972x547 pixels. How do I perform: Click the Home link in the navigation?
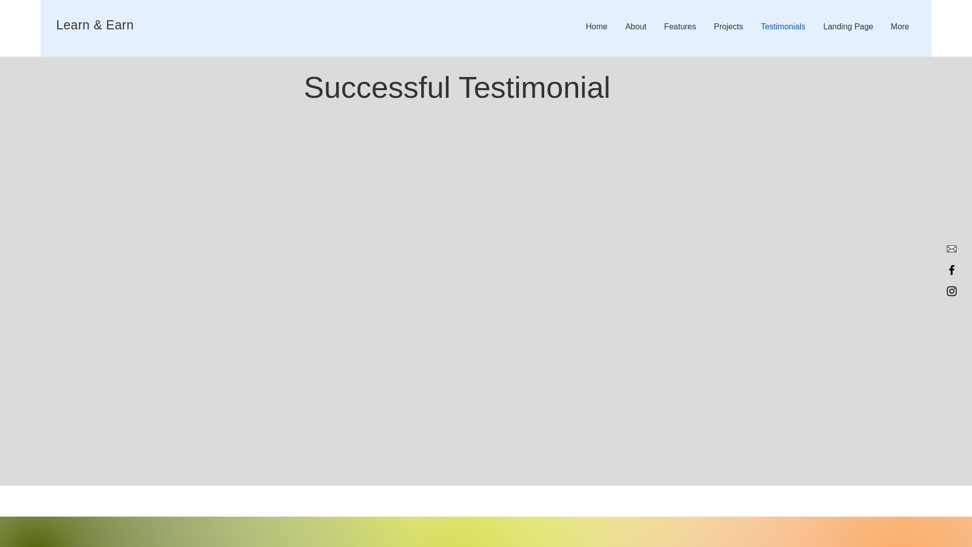pos(596,27)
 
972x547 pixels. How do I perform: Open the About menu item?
pos(635,27)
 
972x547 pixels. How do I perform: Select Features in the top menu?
pos(679,27)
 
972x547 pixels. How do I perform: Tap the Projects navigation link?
pos(728,27)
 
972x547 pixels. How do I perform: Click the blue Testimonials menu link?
pos(783,27)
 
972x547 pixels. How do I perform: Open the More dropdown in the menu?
pos(900,27)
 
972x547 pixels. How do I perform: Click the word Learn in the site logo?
pos(72,25)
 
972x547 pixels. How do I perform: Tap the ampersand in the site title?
pos(98,25)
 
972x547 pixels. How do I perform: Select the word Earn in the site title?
pos(120,25)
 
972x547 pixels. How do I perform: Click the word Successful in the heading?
pos(377,88)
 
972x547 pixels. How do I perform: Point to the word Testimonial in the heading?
pos(535,88)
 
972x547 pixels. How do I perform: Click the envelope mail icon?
pos(951,249)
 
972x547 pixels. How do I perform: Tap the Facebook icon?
pos(951,270)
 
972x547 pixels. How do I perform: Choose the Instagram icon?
pos(951,291)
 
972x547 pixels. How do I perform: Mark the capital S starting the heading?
pos(314,88)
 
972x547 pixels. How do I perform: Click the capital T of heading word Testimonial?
pos(468,88)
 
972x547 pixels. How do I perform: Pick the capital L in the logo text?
pos(59,25)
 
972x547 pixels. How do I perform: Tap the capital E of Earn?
pos(110,25)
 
